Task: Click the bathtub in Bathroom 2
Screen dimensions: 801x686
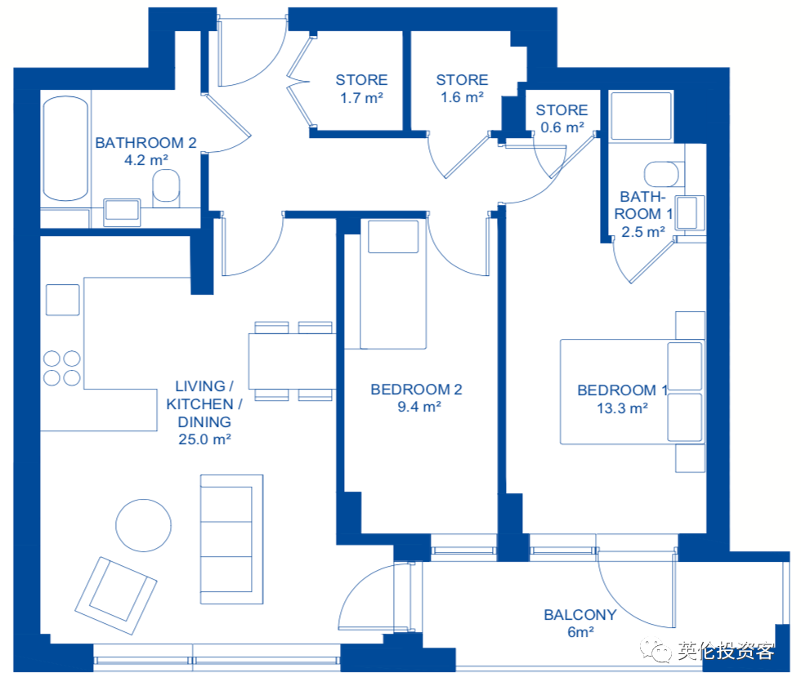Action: tap(65, 149)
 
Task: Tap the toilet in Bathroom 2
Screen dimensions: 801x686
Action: tap(166, 187)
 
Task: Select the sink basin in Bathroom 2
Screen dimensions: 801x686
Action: tap(122, 212)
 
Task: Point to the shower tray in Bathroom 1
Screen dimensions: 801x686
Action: tap(641, 116)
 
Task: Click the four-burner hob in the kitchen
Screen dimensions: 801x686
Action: tap(62, 368)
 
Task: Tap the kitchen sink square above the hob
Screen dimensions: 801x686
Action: tap(62, 301)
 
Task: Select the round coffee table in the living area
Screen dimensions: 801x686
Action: tap(144, 525)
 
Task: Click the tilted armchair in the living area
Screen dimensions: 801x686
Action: tap(116, 595)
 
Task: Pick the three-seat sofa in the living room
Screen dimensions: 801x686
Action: tap(231, 540)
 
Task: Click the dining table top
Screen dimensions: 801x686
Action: tap(293, 361)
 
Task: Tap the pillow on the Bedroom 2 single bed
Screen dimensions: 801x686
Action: tap(393, 236)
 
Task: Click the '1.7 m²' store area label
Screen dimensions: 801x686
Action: tap(361, 97)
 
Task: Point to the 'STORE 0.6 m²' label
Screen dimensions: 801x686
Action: tap(562, 118)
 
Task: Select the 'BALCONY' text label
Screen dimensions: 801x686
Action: tap(579, 614)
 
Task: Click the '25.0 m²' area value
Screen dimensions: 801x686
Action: tap(204, 439)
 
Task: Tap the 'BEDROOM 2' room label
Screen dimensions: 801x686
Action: tap(416, 390)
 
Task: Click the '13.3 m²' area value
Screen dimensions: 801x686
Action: tap(622, 408)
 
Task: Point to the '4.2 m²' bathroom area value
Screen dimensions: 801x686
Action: tap(146, 160)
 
